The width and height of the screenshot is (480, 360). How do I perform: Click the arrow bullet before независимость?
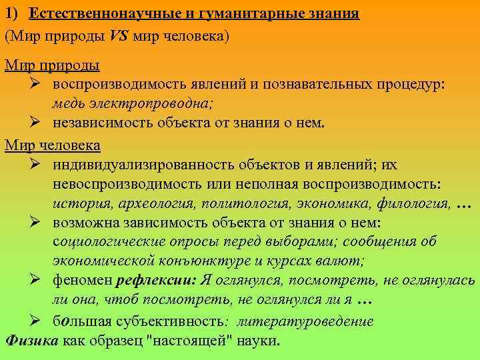coord(37,122)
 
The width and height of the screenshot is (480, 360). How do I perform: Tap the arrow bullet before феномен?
coord(37,281)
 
